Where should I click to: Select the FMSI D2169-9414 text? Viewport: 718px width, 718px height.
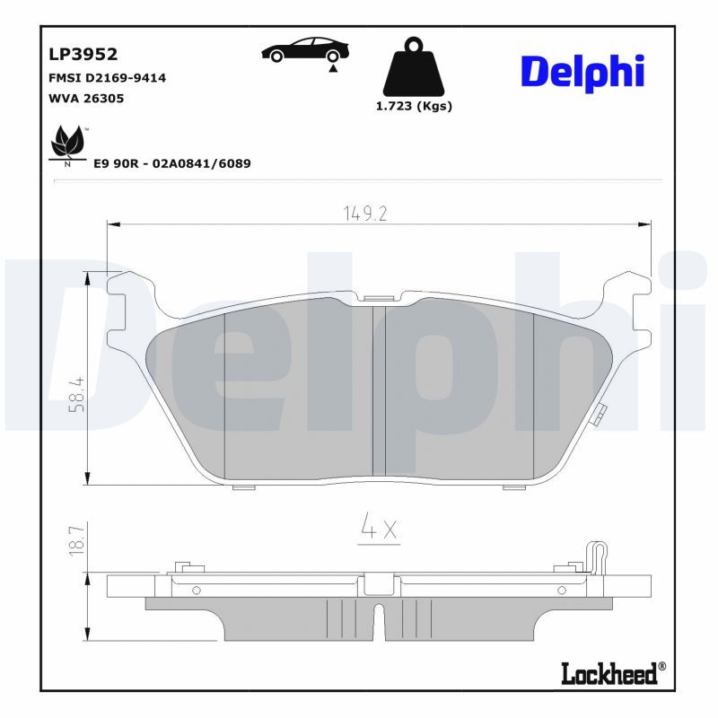(106, 78)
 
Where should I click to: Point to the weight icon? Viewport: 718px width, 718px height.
(412, 66)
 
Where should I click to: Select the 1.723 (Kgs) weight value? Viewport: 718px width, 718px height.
(413, 106)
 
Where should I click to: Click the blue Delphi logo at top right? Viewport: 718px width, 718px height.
(582, 72)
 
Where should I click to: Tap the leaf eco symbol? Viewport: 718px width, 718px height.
(68, 144)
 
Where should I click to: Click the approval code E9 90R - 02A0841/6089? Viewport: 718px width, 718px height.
(171, 163)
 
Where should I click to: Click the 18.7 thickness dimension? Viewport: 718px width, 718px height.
(77, 540)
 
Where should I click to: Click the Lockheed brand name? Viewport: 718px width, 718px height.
(608, 672)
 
